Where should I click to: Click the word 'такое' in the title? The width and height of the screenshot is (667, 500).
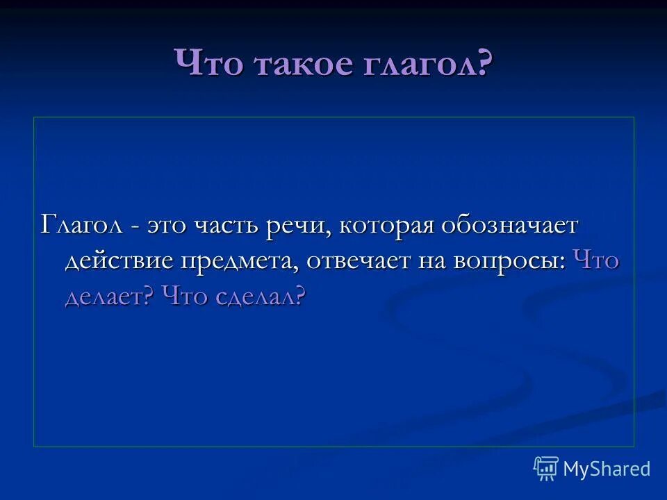[x=302, y=66]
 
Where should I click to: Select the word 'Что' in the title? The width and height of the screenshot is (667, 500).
[x=210, y=66]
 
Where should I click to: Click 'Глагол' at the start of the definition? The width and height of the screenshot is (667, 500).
[x=82, y=226]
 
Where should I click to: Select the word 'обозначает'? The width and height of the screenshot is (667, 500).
[x=511, y=227]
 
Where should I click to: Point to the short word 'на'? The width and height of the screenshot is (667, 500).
[x=433, y=262]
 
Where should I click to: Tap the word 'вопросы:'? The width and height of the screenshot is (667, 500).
[x=510, y=262]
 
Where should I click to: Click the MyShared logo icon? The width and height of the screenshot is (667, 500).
[x=545, y=469]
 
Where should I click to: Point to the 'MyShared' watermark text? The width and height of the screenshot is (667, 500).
[x=607, y=469]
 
